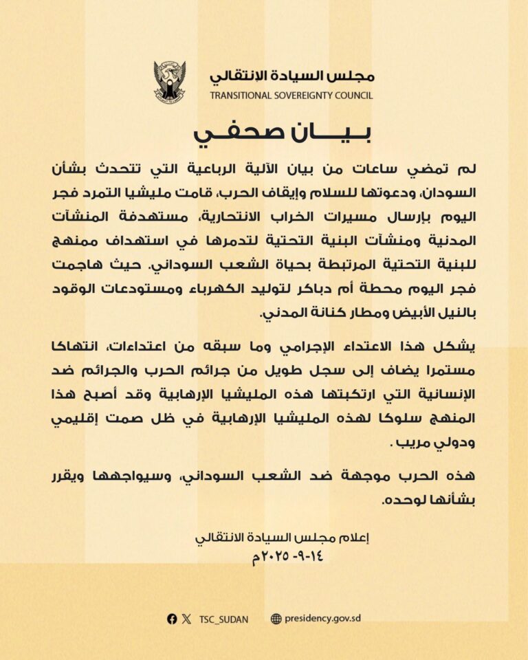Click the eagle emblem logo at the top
click(170, 81)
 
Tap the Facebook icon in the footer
click(172, 618)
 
